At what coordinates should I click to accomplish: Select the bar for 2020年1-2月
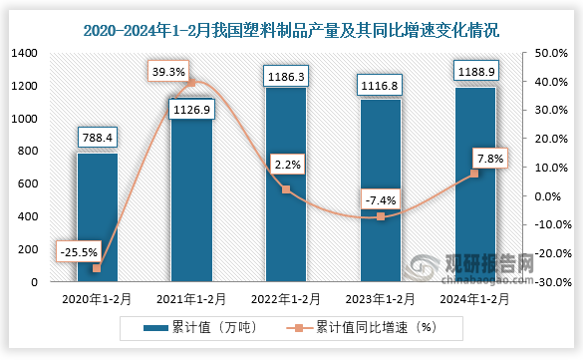coord(97,216)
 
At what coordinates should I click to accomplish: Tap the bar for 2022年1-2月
coord(286,184)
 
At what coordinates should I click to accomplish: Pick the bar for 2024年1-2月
coord(474,184)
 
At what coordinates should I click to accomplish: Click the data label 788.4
coord(97,136)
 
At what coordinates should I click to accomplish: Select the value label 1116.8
coord(380,83)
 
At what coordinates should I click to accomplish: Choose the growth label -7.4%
coord(380,200)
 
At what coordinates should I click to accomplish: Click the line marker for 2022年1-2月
coord(286,189)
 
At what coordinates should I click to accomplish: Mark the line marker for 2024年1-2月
coord(474,174)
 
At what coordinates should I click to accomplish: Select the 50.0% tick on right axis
coord(552,53)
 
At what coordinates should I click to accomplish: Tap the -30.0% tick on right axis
coord(551,282)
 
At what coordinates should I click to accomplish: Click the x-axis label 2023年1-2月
coord(380,297)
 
